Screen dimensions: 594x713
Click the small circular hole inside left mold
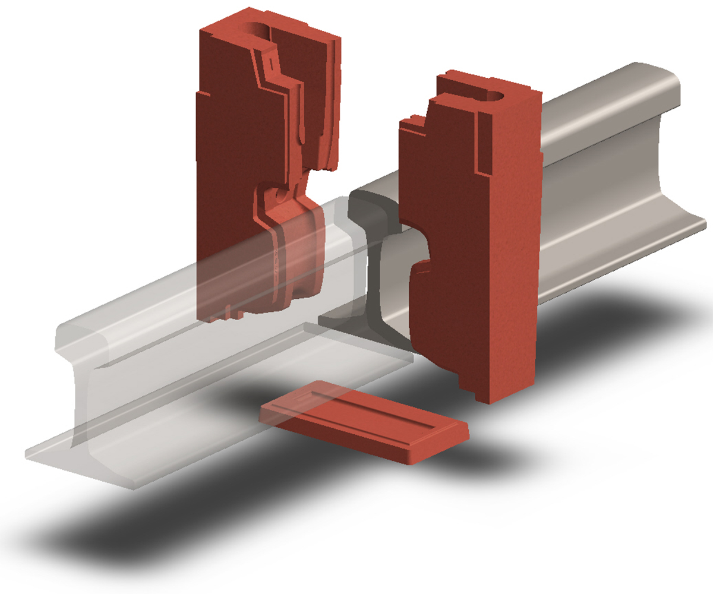278,194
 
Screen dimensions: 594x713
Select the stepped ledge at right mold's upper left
416,125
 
